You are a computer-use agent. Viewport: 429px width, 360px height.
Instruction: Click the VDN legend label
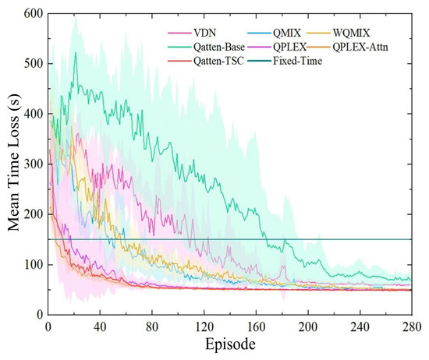(204, 33)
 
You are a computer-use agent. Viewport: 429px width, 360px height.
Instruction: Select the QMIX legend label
(287, 33)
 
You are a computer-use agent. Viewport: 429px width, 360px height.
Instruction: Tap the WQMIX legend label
(351, 33)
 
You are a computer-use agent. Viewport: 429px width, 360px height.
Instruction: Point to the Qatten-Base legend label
(219, 47)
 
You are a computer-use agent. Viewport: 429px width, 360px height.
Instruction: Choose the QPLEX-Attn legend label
(360, 47)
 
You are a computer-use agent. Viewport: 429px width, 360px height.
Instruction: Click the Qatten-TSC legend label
(218, 61)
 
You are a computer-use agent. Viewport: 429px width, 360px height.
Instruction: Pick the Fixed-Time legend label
(297, 61)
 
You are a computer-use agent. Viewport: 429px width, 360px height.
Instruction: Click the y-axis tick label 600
(34, 13)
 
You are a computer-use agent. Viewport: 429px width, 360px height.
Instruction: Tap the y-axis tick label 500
(34, 63)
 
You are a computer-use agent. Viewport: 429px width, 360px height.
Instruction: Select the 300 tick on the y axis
(34, 164)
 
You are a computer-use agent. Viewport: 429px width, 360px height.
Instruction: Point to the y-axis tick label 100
(34, 265)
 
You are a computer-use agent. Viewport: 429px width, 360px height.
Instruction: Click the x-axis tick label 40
(100, 327)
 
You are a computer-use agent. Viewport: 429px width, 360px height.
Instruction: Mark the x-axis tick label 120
(204, 327)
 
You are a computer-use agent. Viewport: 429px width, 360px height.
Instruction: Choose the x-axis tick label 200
(308, 327)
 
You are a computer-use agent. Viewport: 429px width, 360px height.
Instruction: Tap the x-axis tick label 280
(412, 327)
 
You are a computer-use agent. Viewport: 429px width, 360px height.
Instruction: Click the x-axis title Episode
(230, 344)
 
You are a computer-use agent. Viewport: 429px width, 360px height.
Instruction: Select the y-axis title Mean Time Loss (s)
(13, 162)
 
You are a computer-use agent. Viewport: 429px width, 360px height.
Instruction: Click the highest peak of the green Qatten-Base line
(76, 52)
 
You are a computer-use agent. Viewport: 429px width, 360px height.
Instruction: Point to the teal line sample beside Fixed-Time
(260, 61)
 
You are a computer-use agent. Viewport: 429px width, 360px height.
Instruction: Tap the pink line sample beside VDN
(179, 33)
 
